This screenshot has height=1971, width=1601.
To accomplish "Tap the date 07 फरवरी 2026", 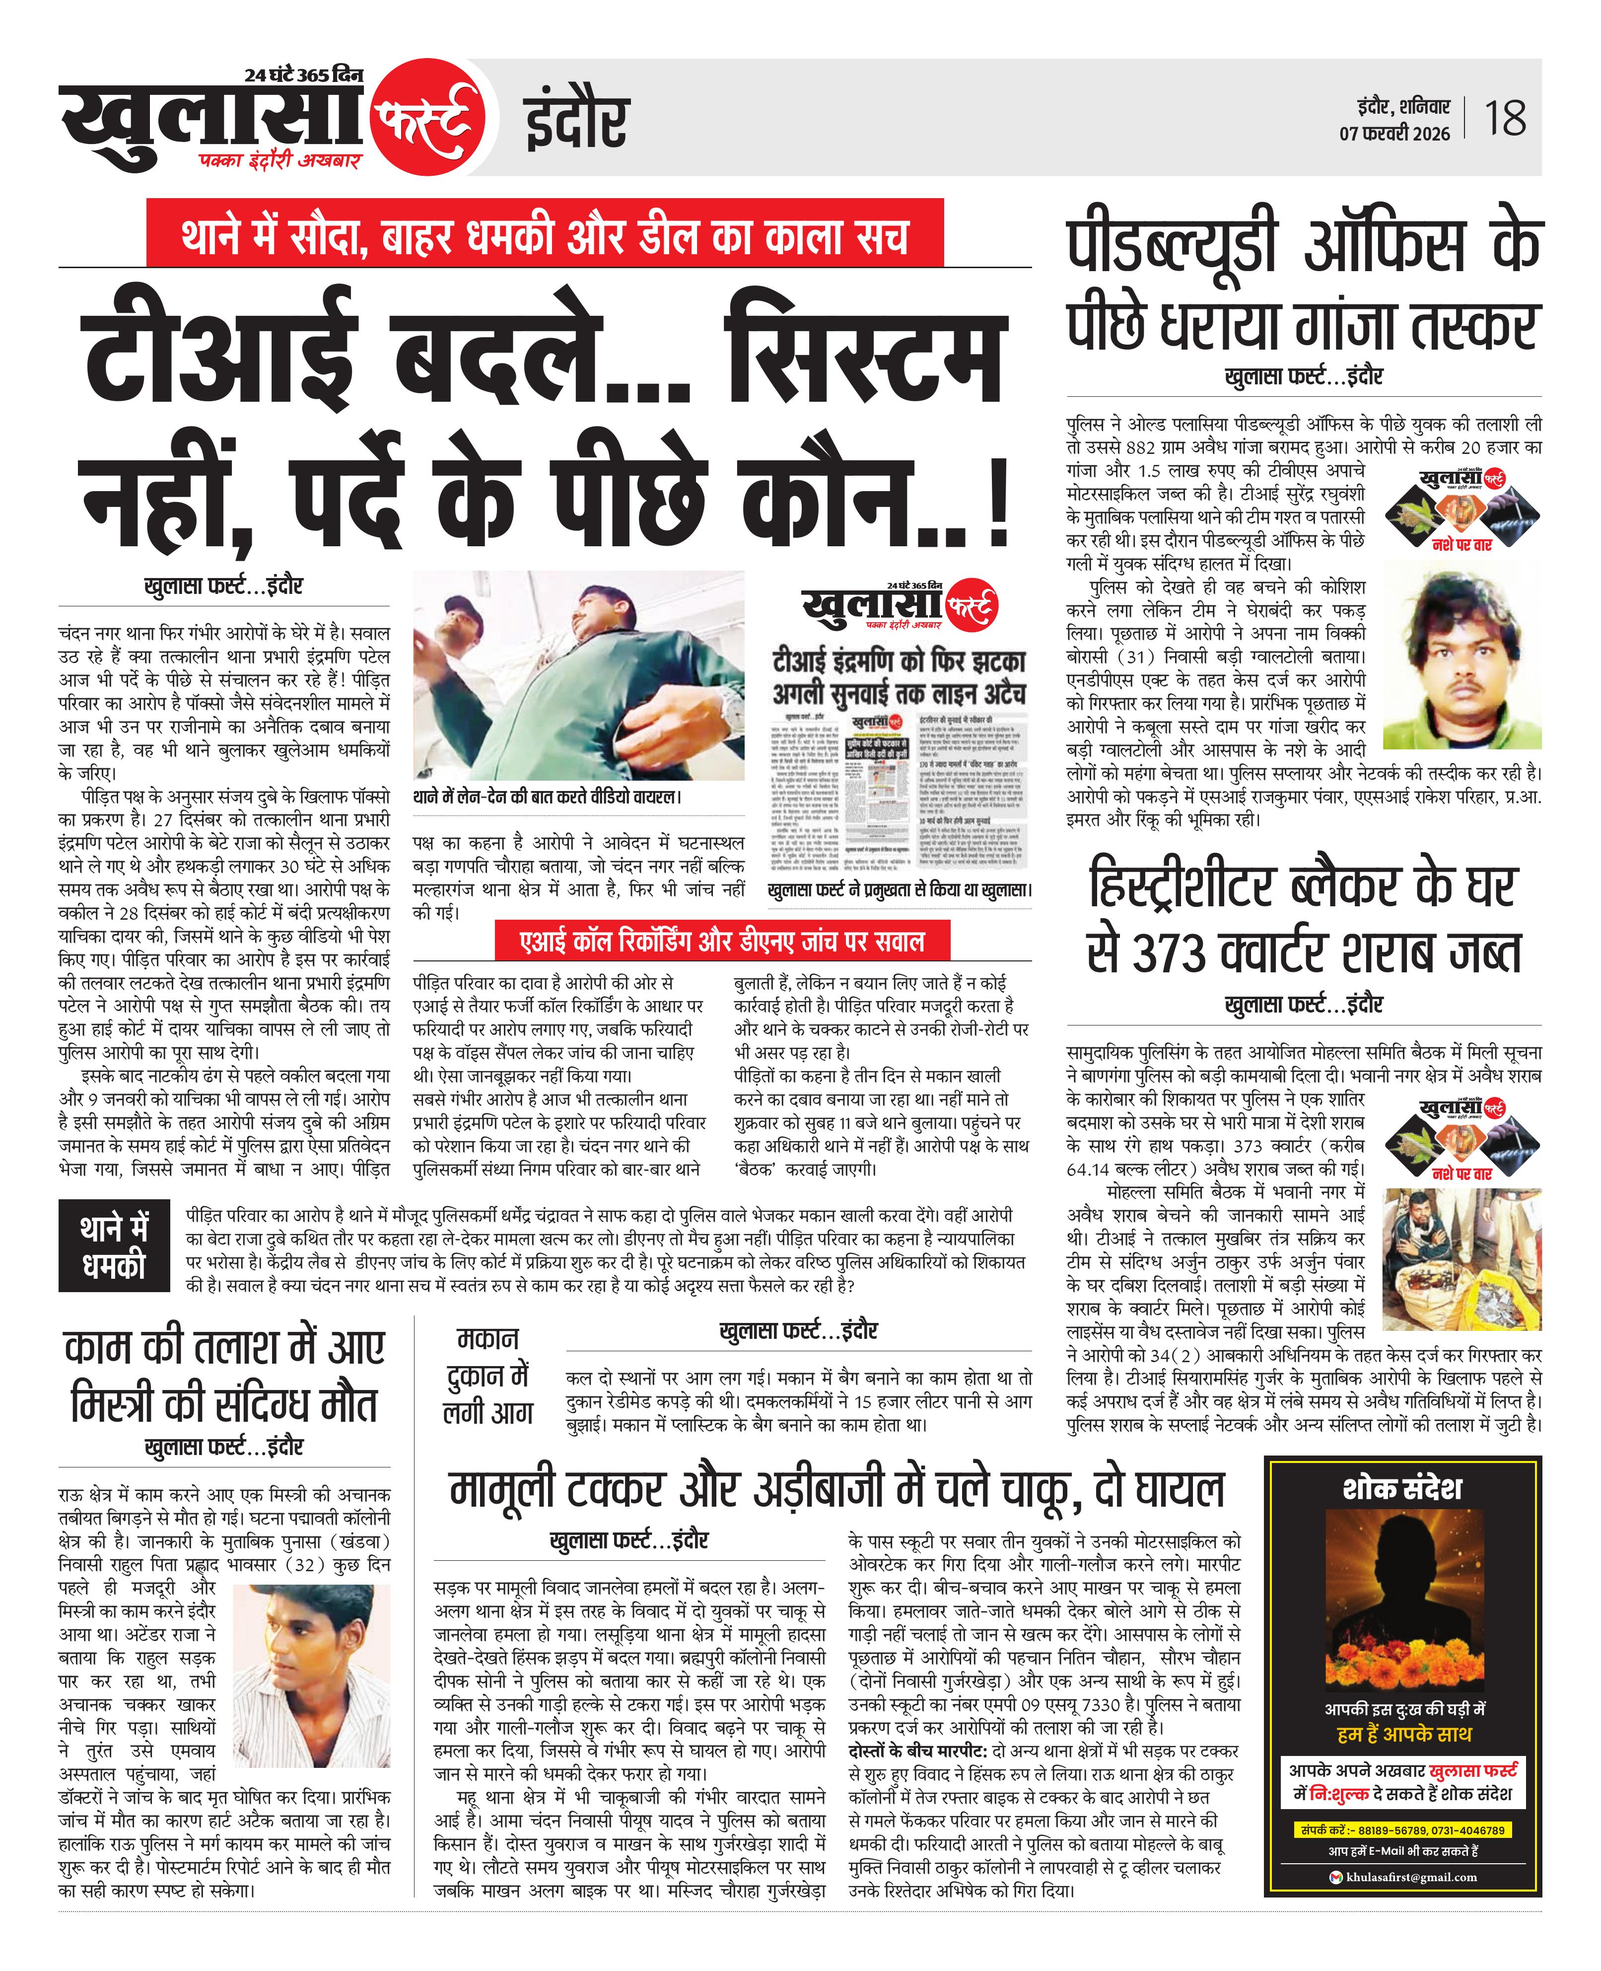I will pyautogui.click(x=1394, y=134).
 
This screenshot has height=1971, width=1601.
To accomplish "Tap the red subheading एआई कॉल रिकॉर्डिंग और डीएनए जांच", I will pyautogui.click(x=721, y=942).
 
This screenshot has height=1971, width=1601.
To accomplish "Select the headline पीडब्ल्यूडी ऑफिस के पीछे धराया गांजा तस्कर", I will pyautogui.click(x=1303, y=286).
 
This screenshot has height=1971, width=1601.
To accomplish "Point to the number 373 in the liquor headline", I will pyautogui.click(x=1170, y=953).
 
